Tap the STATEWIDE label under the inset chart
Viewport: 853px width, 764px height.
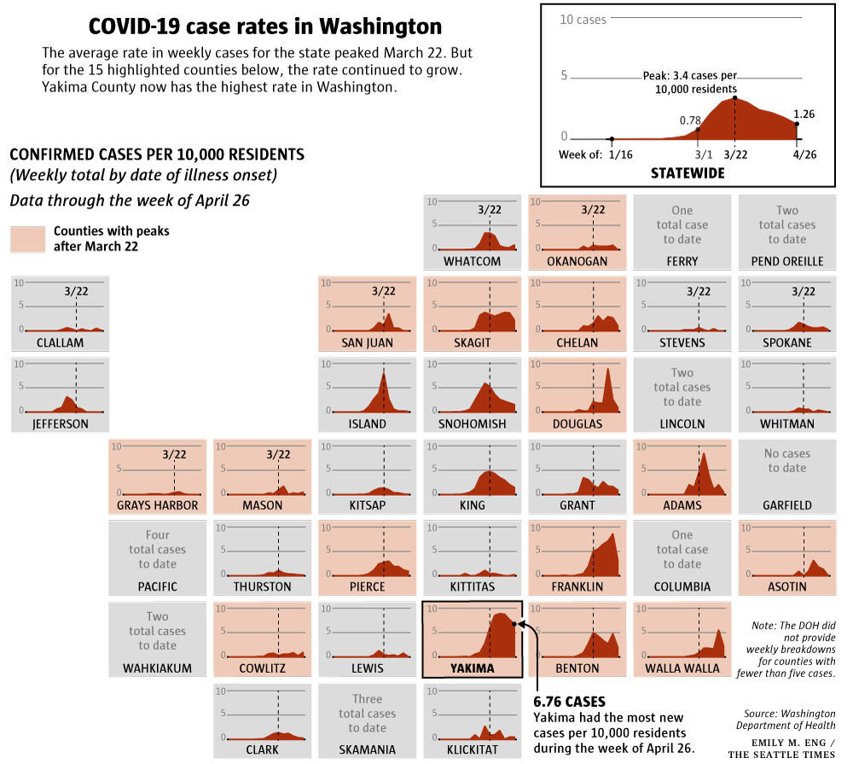point(687,172)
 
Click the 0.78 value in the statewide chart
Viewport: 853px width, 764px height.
point(689,120)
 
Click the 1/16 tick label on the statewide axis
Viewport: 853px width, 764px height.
point(620,155)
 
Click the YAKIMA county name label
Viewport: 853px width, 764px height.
point(472,668)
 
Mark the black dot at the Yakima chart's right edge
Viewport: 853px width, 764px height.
point(514,623)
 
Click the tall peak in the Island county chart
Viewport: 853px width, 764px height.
point(384,376)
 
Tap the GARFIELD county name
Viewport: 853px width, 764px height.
point(786,505)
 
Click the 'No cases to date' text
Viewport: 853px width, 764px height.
point(786,460)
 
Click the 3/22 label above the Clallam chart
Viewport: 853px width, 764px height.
point(76,290)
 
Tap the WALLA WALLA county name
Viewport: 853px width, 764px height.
point(682,668)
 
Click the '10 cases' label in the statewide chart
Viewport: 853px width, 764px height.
point(583,19)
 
